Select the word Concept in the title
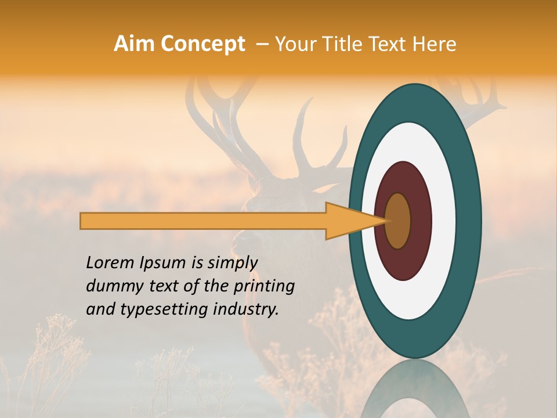(x=202, y=44)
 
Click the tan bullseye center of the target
(x=398, y=221)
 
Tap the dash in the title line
(x=262, y=44)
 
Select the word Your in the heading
(x=294, y=44)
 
